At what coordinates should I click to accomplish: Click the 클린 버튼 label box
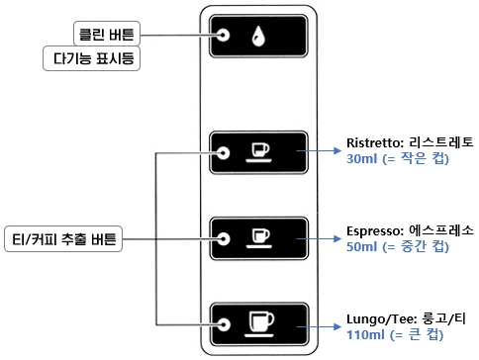click(x=106, y=33)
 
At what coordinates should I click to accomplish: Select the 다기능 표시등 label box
click(x=94, y=59)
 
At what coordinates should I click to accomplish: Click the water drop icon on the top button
click(x=259, y=36)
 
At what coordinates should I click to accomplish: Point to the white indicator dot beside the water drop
click(x=225, y=36)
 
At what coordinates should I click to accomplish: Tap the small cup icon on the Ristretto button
click(x=259, y=151)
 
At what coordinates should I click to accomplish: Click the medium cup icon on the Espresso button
click(x=259, y=237)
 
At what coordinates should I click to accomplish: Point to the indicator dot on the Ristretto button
click(x=225, y=153)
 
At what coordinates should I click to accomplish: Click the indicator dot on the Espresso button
click(x=225, y=238)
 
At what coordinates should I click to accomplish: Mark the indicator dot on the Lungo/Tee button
click(x=225, y=323)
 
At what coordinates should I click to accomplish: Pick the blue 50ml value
click(x=360, y=246)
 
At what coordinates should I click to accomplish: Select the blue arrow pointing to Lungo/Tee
click(x=323, y=324)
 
